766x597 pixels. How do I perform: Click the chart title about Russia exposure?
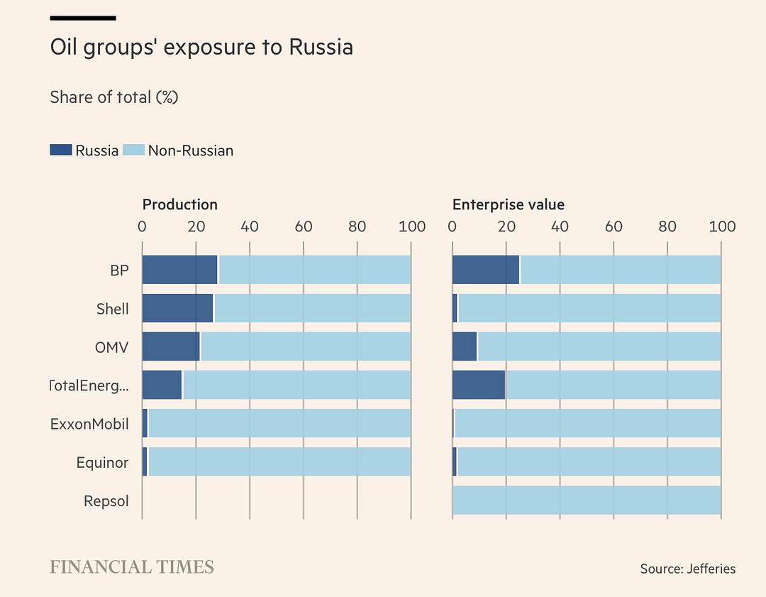pyautogui.click(x=201, y=48)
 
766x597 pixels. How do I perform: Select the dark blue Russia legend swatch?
pyautogui.click(x=61, y=150)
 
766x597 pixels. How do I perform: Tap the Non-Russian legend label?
pyautogui.click(x=190, y=150)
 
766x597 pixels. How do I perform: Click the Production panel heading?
pyautogui.click(x=179, y=204)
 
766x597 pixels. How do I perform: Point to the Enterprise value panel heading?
pyautogui.click(x=508, y=204)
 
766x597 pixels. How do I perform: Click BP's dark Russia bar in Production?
pyautogui.click(x=179, y=270)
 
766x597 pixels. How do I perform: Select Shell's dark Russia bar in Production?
pyautogui.click(x=177, y=308)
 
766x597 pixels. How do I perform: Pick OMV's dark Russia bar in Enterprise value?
pyautogui.click(x=465, y=346)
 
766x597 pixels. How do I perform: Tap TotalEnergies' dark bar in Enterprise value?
pyautogui.click(x=479, y=385)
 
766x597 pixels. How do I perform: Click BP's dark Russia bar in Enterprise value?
pyautogui.click(x=486, y=270)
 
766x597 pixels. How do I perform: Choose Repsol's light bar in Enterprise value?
pyautogui.click(x=587, y=500)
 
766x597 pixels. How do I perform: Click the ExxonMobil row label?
pyautogui.click(x=89, y=424)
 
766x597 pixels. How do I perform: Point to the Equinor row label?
pyautogui.click(x=102, y=463)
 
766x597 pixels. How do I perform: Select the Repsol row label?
pyautogui.click(x=106, y=501)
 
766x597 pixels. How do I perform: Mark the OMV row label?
pyautogui.click(x=112, y=347)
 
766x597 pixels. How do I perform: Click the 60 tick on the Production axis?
pyautogui.click(x=304, y=226)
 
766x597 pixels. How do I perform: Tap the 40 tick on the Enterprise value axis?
pyautogui.click(x=560, y=226)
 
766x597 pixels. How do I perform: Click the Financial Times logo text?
pyautogui.click(x=132, y=566)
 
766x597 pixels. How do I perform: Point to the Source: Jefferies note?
pyautogui.click(x=687, y=569)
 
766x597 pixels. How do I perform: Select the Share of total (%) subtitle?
pyautogui.click(x=113, y=97)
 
